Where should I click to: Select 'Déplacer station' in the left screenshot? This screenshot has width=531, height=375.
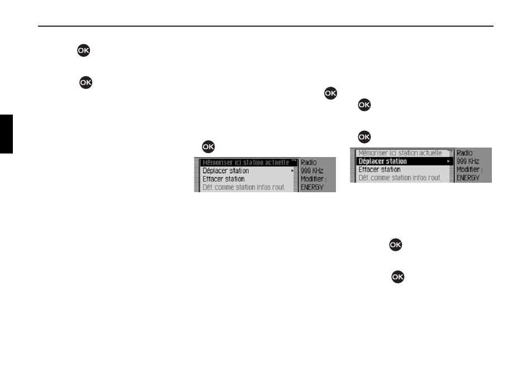[226, 170]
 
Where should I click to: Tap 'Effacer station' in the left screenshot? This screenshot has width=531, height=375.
[224, 179]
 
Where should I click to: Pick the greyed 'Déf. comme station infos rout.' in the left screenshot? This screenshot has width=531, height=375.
[244, 187]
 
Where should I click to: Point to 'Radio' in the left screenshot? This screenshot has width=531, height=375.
[309, 162]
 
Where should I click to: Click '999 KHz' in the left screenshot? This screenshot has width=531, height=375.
[312, 170]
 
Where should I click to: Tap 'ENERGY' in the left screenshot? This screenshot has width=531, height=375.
[312, 188]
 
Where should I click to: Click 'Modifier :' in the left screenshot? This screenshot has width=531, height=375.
[314, 179]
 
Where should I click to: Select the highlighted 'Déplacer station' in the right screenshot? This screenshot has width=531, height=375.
[382, 161]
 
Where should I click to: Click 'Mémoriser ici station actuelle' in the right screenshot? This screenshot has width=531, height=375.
[400, 153]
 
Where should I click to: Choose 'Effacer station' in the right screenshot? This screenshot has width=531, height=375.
[379, 169]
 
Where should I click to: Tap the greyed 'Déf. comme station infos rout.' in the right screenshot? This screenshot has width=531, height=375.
[400, 178]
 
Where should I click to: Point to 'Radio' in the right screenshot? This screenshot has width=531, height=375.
[464, 153]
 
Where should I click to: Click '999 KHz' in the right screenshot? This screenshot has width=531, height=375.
[468, 161]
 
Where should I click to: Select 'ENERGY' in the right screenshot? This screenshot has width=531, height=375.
[468, 178]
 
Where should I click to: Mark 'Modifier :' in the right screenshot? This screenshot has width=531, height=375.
[470, 169]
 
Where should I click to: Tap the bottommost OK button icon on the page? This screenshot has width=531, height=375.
[399, 277]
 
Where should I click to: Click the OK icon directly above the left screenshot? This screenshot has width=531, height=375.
[208, 146]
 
